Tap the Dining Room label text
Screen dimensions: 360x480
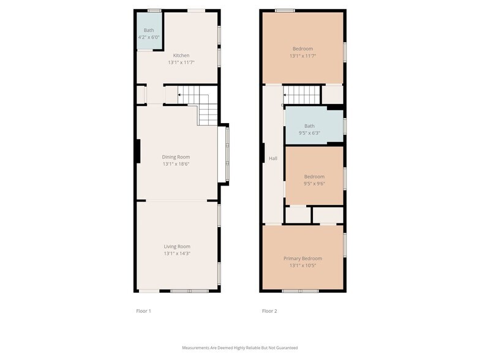[176, 157]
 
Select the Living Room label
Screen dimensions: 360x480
[177, 246]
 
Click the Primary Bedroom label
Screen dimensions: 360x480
[302, 258]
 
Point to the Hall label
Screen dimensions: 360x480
[273, 159]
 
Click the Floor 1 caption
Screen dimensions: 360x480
[143, 311]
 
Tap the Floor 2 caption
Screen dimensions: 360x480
[269, 311]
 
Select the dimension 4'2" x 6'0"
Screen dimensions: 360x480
[149, 37]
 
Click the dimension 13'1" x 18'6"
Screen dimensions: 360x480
[176, 164]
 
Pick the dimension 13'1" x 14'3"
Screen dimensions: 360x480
[177, 253]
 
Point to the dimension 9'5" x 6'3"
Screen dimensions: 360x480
[309, 133]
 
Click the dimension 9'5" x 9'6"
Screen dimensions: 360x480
[314, 184]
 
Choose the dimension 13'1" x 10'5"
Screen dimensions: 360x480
[302, 266]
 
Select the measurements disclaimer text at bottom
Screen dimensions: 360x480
[240, 348]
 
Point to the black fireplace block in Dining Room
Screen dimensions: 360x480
[138, 151]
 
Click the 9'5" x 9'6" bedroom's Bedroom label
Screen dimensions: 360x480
[314, 176]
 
